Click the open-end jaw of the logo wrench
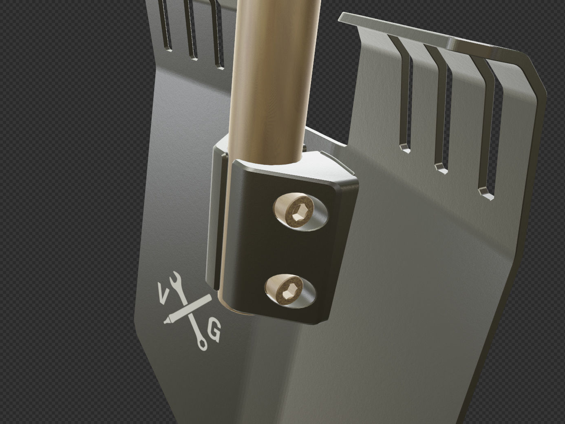pyautogui.click(x=175, y=278)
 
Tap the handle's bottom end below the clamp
pyautogui.click(x=232, y=308)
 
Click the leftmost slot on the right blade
pyautogui.click(x=405, y=98)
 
